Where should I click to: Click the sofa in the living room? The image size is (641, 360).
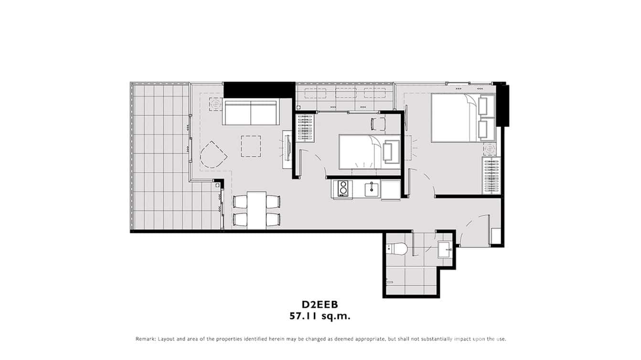(x=251, y=113)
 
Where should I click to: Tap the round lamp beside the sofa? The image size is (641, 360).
(x=215, y=104)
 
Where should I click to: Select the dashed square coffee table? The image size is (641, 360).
(x=251, y=146)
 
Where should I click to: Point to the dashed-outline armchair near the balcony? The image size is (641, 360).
(x=213, y=155)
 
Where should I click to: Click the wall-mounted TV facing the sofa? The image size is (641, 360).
(x=288, y=148)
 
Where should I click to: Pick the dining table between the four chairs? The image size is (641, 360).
(x=256, y=210)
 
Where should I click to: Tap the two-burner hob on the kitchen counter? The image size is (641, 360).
(x=342, y=189)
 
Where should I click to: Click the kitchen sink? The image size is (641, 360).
(x=372, y=189)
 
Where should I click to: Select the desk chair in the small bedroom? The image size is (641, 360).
(x=378, y=124)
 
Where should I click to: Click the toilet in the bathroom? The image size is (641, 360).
(x=397, y=249)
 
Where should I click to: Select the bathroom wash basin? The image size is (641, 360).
(x=445, y=249)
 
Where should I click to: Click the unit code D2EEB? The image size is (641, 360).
(x=320, y=305)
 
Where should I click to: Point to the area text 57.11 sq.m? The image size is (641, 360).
(x=320, y=316)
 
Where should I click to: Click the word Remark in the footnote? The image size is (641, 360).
(x=145, y=339)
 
